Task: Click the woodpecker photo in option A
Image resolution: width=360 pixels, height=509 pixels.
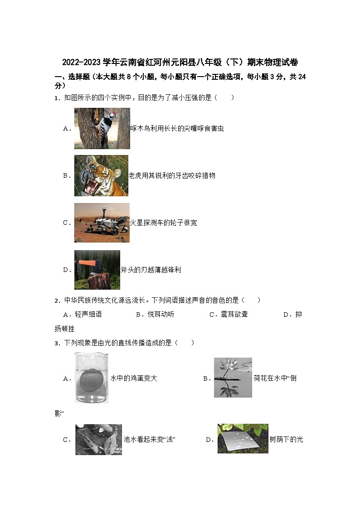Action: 102,128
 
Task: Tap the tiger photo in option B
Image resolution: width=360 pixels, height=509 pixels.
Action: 101,175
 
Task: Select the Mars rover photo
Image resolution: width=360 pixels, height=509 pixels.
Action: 102,223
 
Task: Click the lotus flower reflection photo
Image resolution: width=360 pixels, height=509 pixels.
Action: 233,378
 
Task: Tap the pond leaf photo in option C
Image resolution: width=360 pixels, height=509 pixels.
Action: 98,439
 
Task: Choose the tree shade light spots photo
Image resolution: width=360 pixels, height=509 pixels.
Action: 243,438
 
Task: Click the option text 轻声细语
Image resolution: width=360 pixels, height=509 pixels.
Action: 88,315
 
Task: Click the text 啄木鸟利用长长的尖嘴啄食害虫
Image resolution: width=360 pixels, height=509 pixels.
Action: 177,129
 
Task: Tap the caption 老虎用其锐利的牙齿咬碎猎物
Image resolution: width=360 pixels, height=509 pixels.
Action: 172,175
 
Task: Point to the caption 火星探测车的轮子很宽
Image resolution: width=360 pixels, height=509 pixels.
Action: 164,223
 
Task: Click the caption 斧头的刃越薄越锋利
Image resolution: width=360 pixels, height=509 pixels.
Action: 151,270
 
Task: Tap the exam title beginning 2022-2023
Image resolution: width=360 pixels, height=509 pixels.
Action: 180,62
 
